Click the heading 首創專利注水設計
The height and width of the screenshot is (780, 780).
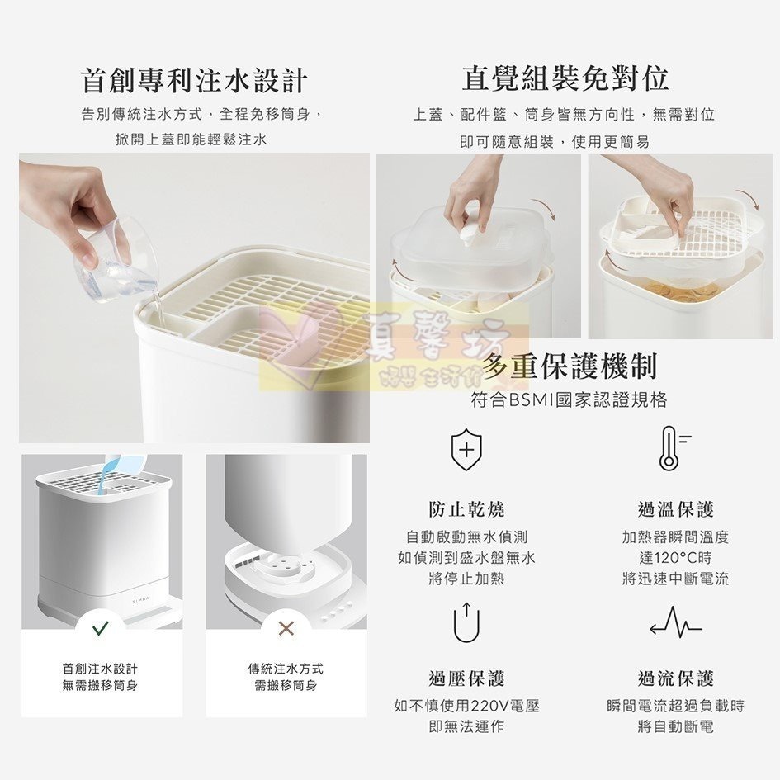tap(194, 80)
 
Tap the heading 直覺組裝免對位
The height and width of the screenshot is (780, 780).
tap(565, 78)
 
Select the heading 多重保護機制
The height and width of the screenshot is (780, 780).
tap(570, 366)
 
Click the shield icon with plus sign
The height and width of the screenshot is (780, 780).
tap(466, 451)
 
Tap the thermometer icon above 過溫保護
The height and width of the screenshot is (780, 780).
tap(670, 448)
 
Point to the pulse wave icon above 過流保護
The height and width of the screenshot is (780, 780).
tap(675, 623)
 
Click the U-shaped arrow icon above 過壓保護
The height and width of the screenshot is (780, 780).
tap(466, 622)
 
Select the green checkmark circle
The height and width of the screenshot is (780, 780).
tap(101, 629)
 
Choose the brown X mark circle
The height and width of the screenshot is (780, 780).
tap(286, 629)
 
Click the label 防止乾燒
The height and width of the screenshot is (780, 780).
tap(466, 509)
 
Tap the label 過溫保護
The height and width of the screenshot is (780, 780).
tap(675, 509)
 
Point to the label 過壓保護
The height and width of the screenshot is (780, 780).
tap(466, 678)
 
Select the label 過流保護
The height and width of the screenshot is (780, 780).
tap(675, 678)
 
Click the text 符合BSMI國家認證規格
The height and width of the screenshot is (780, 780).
tap(569, 400)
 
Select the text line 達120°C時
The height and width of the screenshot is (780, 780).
tap(675, 557)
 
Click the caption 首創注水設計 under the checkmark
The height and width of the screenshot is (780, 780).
tap(100, 668)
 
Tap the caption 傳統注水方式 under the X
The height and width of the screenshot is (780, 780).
tap(286, 668)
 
